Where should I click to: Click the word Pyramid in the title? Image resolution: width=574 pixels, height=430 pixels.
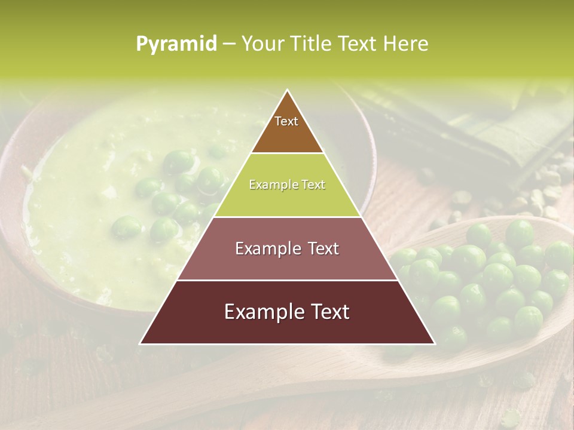(176, 44)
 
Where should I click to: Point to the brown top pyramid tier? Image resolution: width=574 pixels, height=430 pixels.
(287, 134)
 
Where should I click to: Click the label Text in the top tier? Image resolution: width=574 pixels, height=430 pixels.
(286, 121)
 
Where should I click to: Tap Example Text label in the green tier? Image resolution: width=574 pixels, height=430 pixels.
(287, 185)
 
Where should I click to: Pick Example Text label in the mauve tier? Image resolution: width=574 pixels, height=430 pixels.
(287, 248)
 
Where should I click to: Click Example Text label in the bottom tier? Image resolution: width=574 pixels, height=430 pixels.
(287, 312)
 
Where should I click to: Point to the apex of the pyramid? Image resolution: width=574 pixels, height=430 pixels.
(288, 91)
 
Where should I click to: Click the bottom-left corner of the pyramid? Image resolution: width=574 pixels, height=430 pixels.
(141, 343)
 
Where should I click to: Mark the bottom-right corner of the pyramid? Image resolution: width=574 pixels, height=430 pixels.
(433, 343)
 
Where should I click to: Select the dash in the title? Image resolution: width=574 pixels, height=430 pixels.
(228, 44)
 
